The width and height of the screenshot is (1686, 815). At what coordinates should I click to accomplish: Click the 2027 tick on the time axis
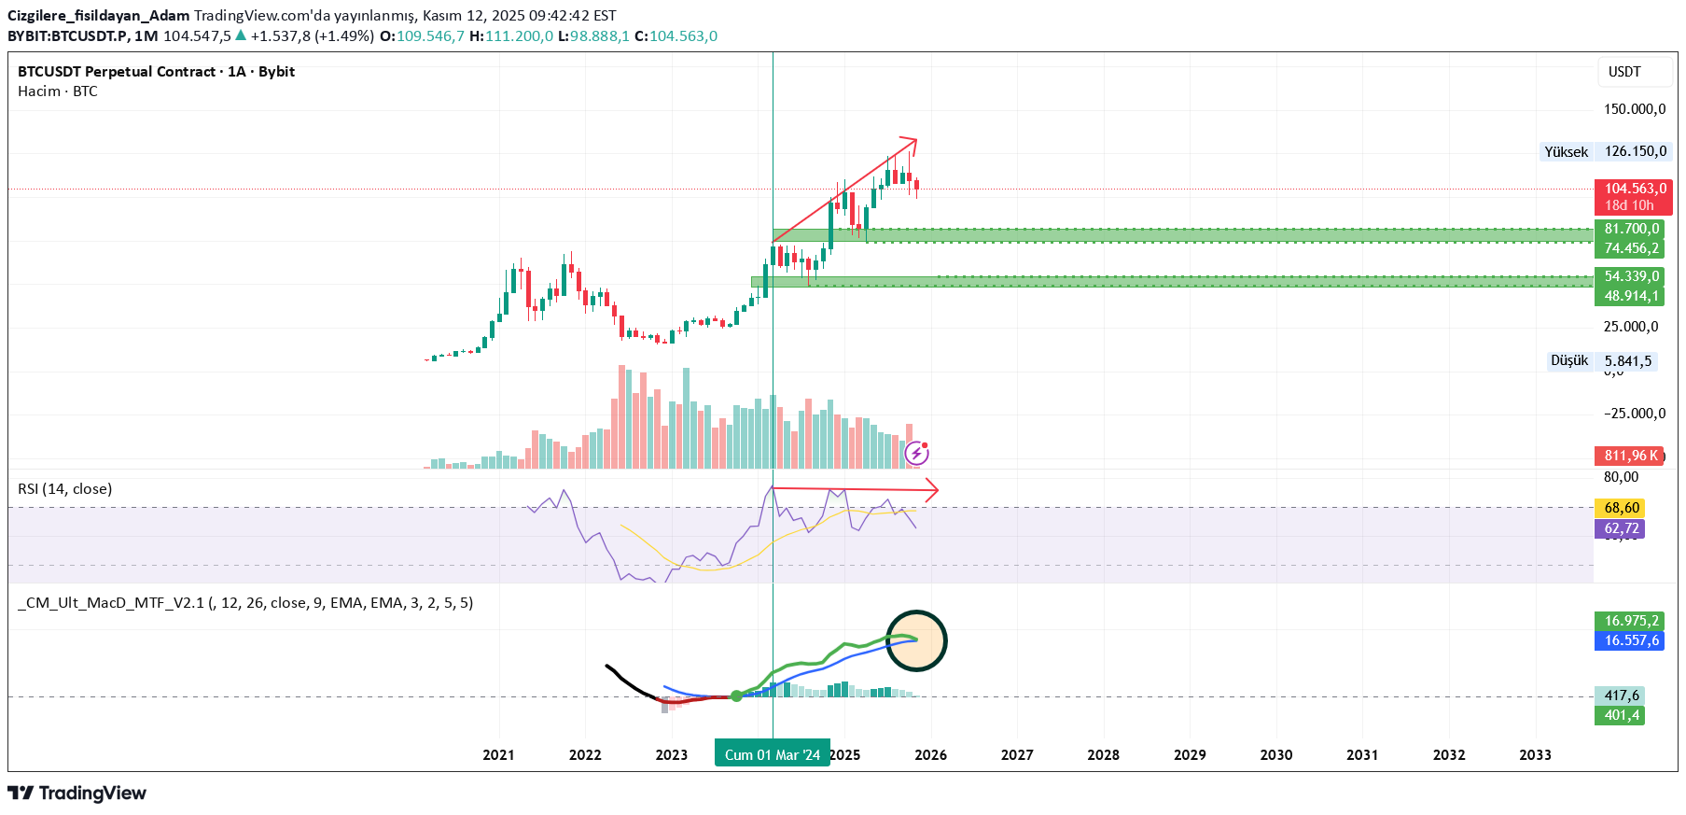(1017, 754)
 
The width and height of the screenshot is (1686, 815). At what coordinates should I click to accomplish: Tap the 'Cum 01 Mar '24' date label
(772, 754)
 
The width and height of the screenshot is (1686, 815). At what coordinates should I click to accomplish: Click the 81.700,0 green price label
(1632, 229)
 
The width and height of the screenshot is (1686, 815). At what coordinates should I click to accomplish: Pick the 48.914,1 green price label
(1632, 296)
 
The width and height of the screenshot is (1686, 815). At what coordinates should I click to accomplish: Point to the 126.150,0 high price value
(1635, 151)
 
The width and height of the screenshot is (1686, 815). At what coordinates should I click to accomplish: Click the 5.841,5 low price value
(1627, 361)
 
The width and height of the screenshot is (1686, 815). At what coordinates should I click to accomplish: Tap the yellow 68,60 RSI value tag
(1621, 508)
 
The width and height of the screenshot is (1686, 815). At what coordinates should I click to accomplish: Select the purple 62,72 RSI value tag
(1621, 528)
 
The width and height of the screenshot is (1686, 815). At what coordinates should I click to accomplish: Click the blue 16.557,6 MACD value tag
(1631, 640)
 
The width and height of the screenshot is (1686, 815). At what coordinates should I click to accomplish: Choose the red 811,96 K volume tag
(1630, 456)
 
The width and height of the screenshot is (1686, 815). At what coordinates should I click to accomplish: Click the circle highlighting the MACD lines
(916, 640)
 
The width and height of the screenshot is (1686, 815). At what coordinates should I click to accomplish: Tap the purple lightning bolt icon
(917, 454)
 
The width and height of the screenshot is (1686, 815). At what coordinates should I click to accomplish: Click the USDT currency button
(1624, 72)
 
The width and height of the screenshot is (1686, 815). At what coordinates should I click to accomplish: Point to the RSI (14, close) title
(65, 489)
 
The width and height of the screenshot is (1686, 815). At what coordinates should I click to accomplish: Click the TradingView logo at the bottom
(77, 793)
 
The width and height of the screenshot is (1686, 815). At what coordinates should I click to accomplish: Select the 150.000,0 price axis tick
(1634, 109)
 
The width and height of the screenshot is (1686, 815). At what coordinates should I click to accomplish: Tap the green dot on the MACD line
(736, 696)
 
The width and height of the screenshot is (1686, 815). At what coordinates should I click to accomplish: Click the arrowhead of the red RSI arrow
(934, 489)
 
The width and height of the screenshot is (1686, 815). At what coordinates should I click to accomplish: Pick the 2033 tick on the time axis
(1535, 754)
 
